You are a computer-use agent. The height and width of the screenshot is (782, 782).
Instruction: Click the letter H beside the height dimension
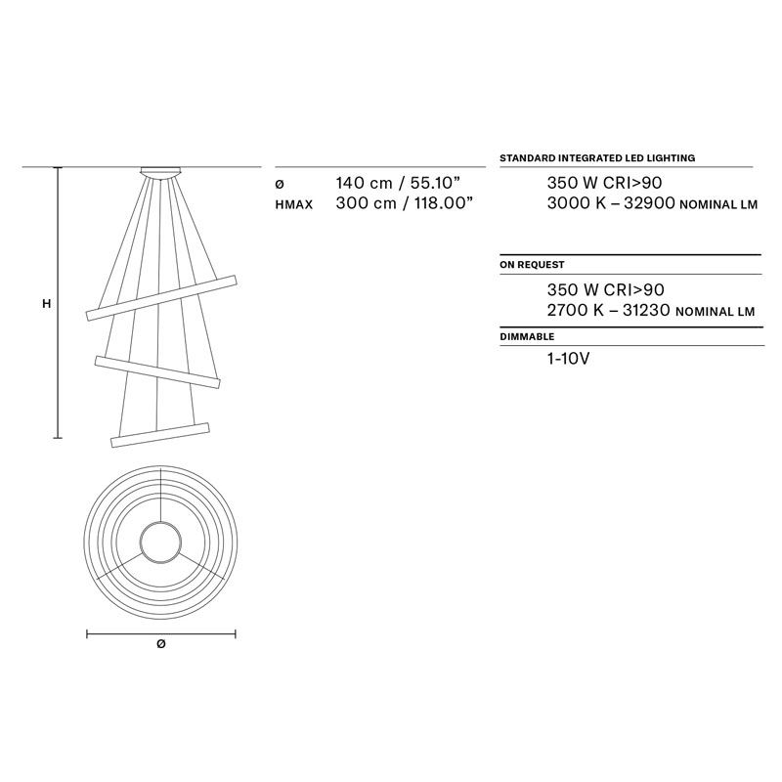[46, 304]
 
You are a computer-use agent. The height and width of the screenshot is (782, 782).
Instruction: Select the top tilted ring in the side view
[161, 298]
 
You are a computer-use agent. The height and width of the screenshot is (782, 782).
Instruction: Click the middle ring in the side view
[157, 372]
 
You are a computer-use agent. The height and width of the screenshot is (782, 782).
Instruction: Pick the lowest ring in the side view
[160, 435]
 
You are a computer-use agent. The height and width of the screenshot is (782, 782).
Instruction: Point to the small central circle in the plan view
[160, 543]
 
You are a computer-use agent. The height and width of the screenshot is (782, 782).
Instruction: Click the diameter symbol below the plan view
[160, 644]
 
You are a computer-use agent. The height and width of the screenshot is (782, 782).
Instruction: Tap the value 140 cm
[364, 183]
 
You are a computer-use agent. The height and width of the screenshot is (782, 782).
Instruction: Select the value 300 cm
[366, 203]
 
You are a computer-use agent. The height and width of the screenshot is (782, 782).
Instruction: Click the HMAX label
[294, 204]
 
